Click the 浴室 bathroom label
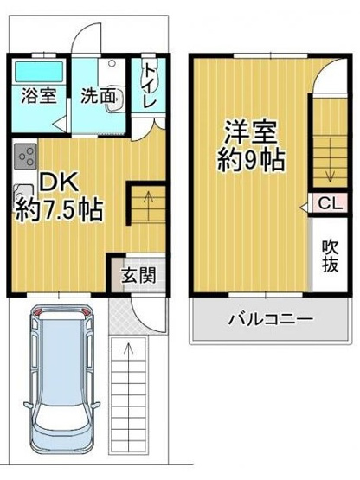39,96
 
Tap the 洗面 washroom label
98,96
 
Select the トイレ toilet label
149,86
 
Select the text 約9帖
252,160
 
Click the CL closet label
330,204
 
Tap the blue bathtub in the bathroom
39,69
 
